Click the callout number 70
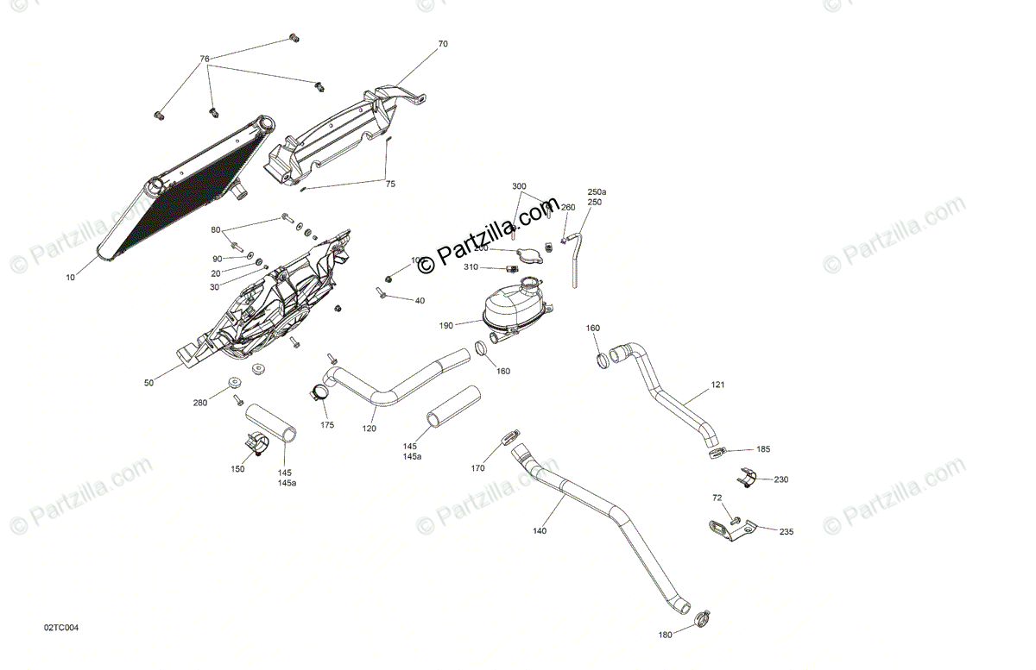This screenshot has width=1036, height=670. pyautogui.click(x=443, y=43)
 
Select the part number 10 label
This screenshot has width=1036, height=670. pyautogui.click(x=71, y=278)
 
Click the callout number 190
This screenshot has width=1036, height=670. pyautogui.click(x=445, y=326)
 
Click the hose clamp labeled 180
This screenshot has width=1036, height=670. pyautogui.click(x=703, y=617)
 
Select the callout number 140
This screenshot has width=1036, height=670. pyautogui.click(x=540, y=531)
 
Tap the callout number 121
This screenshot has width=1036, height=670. pyautogui.click(x=718, y=385)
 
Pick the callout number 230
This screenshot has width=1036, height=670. pyautogui.click(x=780, y=479)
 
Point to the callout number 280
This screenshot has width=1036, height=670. pyautogui.click(x=200, y=403)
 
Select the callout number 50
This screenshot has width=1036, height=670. pyautogui.click(x=148, y=382)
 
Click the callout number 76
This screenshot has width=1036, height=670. pyautogui.click(x=205, y=59)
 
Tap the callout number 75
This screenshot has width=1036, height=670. pyautogui.click(x=390, y=184)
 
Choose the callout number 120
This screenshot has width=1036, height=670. pyautogui.click(x=370, y=429)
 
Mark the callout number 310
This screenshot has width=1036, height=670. pyautogui.click(x=470, y=267)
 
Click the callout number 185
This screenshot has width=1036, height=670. pyautogui.click(x=763, y=449)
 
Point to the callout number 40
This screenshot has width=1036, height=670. pyautogui.click(x=420, y=301)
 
